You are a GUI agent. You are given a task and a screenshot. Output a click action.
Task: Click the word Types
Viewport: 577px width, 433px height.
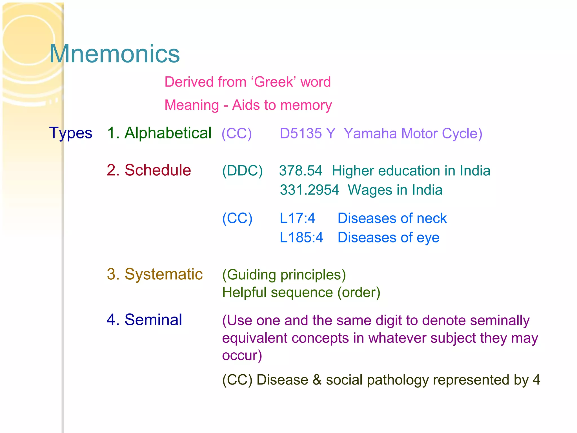71,133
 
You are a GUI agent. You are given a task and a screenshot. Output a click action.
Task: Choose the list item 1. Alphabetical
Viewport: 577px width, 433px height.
159,133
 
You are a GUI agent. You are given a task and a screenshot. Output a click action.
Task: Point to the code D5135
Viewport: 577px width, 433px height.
301,133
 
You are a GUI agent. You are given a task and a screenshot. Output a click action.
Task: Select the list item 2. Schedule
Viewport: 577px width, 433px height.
149,170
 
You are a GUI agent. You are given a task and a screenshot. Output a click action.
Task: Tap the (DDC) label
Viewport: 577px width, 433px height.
242,171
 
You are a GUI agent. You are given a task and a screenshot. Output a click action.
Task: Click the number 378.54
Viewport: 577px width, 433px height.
301,171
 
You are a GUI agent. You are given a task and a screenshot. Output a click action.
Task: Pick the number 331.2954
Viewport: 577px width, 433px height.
309,190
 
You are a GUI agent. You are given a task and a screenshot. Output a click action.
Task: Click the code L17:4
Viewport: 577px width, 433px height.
297,218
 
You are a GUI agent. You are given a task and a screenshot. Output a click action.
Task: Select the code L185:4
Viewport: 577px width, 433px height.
301,238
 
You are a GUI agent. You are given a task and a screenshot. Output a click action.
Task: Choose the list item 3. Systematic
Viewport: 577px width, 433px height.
155,274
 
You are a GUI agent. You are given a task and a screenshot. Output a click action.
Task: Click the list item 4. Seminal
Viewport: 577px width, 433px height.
144,320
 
